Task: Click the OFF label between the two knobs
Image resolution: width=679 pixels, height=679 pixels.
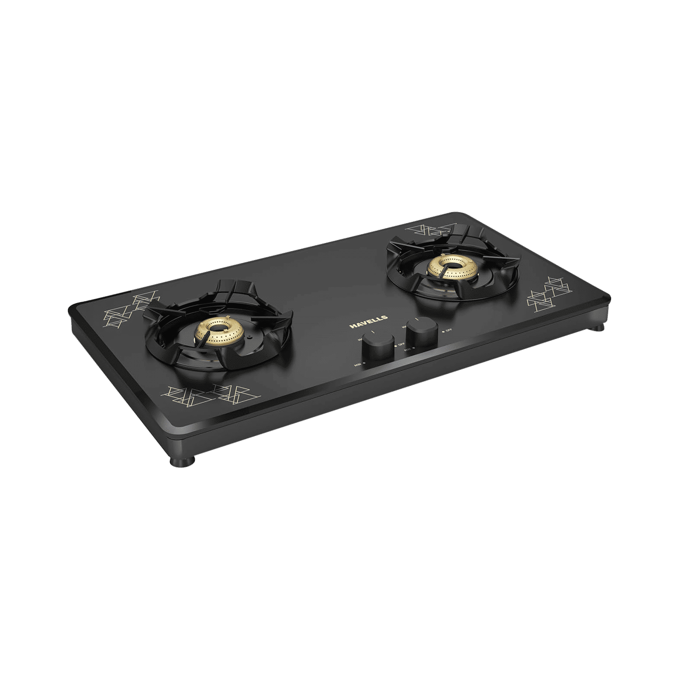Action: [400, 346]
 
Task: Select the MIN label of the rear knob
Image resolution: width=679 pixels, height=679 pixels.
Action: [409, 348]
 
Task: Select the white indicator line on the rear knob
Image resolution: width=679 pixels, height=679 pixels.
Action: [418, 319]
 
